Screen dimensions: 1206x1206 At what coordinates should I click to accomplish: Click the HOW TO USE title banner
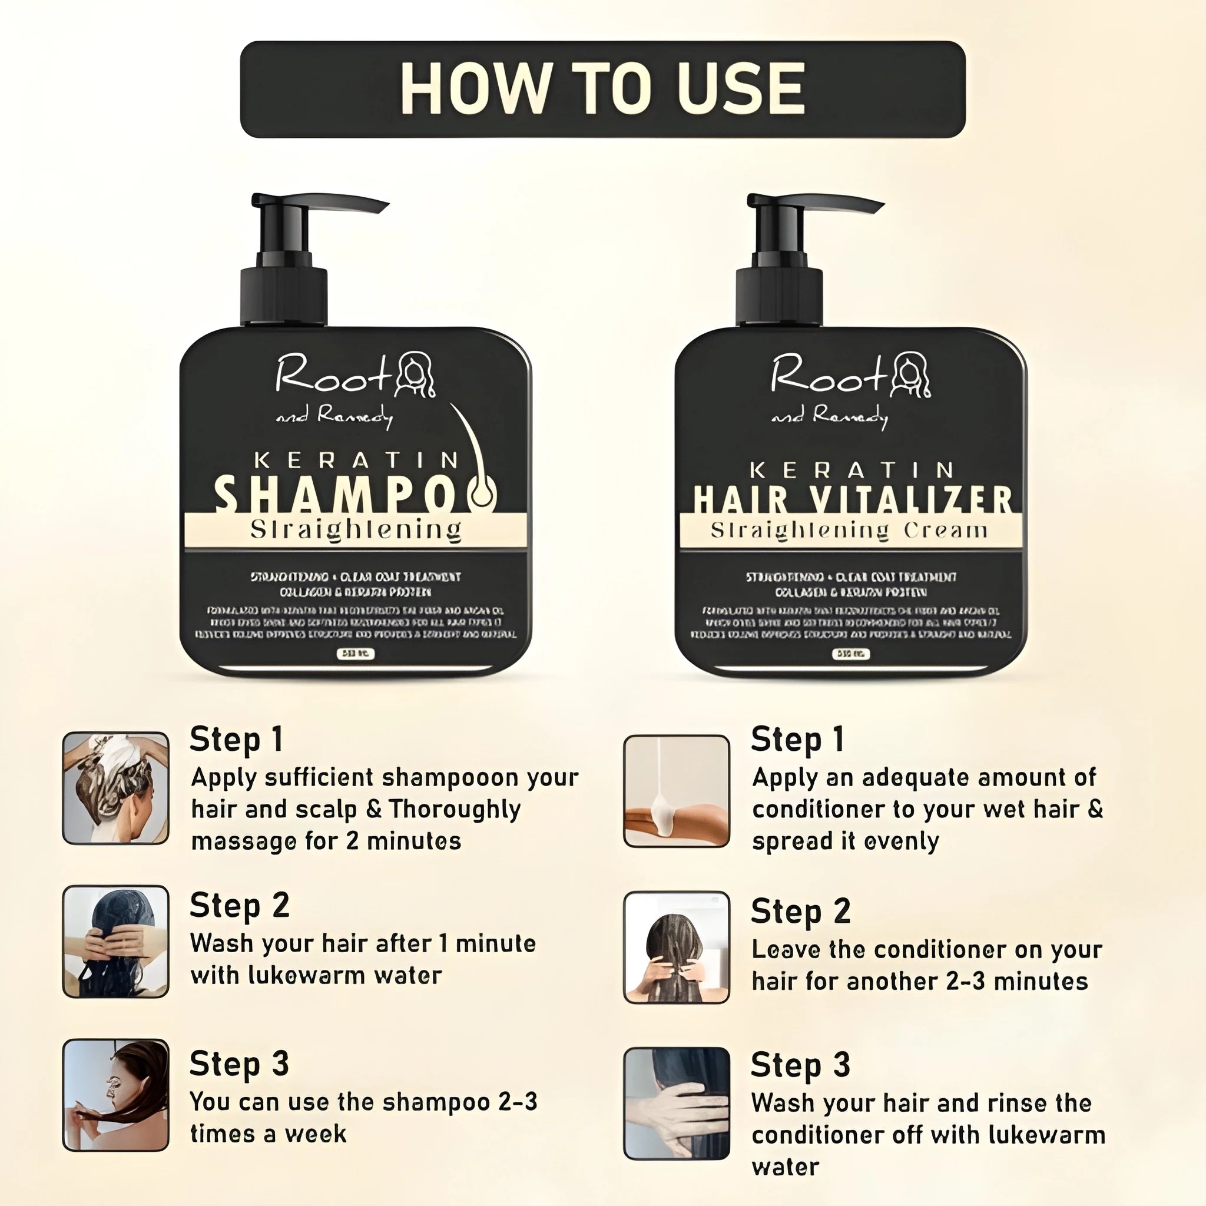pos(602,90)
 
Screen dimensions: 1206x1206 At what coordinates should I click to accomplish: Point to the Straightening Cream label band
pos(850,531)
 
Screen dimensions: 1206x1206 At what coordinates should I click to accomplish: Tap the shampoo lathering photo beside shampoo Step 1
pos(116,788)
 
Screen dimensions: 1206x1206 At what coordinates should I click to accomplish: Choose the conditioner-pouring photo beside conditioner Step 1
pos(677,791)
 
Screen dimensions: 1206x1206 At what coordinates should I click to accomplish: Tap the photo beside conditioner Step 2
pos(677,947)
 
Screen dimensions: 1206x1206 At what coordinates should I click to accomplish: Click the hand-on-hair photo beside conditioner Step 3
pos(677,1104)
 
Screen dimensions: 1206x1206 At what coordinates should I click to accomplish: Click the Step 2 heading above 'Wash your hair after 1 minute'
pos(240,905)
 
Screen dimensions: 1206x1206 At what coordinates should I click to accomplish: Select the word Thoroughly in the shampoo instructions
pos(455,810)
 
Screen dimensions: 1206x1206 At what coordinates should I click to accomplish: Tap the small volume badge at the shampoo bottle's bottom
pos(356,654)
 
